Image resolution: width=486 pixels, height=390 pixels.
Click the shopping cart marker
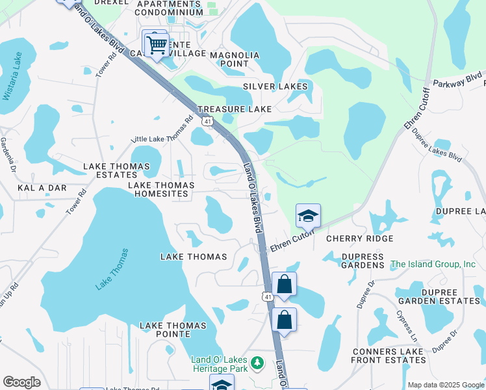point(156,45)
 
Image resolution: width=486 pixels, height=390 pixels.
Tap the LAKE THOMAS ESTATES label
point(116,171)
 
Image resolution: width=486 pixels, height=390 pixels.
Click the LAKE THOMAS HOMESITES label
point(161,190)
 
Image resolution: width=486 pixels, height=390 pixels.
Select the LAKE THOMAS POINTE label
point(173,330)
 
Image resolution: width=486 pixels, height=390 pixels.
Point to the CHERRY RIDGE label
point(359,239)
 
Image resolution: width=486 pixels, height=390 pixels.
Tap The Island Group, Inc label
point(433,265)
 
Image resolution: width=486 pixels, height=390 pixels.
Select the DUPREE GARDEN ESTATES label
point(439,296)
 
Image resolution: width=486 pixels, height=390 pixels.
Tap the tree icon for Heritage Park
point(257,361)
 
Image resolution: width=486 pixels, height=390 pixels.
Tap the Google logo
point(21,382)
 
